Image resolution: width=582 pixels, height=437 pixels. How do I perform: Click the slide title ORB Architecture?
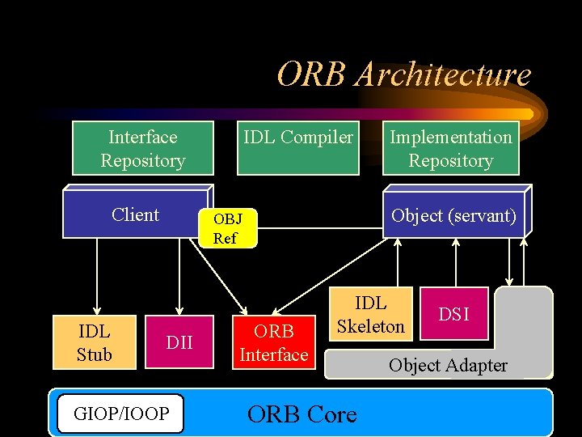(404, 74)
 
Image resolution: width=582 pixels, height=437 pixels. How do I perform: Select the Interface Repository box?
(143, 149)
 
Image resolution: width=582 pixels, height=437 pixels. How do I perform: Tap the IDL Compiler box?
(298, 149)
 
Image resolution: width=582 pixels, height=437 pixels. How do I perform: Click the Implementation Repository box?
(451, 149)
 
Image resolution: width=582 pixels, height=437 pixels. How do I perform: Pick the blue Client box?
(135, 215)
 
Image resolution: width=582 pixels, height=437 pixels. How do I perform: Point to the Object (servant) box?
(453, 216)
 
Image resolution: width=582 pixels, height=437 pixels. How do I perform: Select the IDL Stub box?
(94, 342)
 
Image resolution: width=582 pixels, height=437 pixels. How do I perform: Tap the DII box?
(179, 342)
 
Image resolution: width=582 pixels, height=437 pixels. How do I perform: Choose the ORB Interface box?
(273, 342)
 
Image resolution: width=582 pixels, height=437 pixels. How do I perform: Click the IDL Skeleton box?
(370, 315)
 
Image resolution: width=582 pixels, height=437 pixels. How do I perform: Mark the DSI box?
(453, 314)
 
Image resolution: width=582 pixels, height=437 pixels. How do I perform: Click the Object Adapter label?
(448, 366)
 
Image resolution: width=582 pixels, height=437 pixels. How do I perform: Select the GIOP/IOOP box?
(121, 414)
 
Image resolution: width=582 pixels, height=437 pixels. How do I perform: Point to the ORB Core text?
(302, 414)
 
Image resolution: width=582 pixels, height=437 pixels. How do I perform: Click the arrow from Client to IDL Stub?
(96, 275)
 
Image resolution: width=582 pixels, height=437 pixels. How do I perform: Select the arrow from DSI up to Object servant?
(457, 263)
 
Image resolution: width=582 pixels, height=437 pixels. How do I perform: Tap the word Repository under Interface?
(143, 161)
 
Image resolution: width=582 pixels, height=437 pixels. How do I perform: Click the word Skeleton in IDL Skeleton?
(370, 326)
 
